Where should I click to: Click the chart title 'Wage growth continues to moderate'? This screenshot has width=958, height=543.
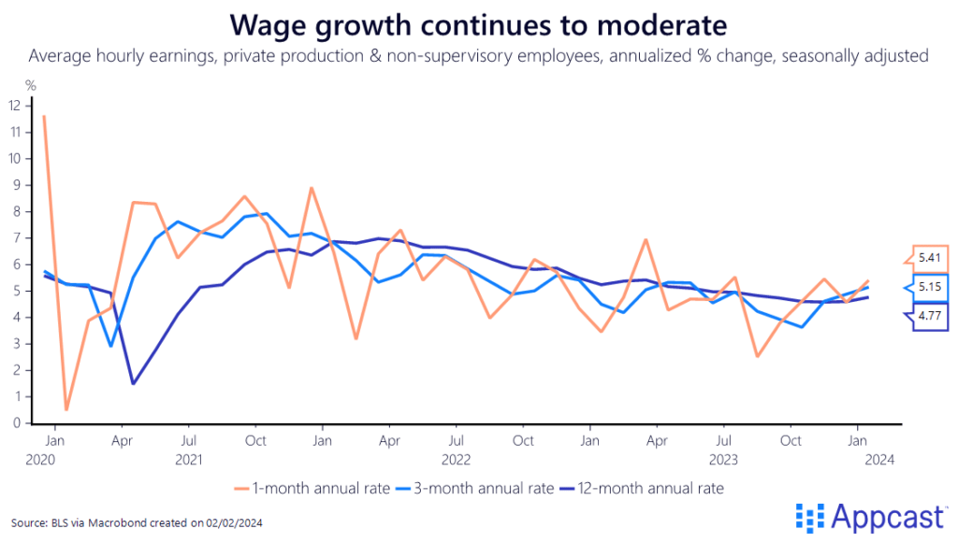click(x=478, y=22)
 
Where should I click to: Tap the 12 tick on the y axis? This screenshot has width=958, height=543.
click(x=14, y=106)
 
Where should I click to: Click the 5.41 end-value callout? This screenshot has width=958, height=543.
click(x=929, y=257)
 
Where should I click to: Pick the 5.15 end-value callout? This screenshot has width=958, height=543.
click(x=929, y=288)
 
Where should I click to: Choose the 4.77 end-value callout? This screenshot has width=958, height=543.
click(x=929, y=317)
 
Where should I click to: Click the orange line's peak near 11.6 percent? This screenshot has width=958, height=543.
click(x=44, y=117)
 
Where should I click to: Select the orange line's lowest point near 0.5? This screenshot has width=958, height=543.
click(x=66, y=409)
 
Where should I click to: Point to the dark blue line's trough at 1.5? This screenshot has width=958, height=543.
click(x=134, y=383)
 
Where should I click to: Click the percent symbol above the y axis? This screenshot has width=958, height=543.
click(x=31, y=86)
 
